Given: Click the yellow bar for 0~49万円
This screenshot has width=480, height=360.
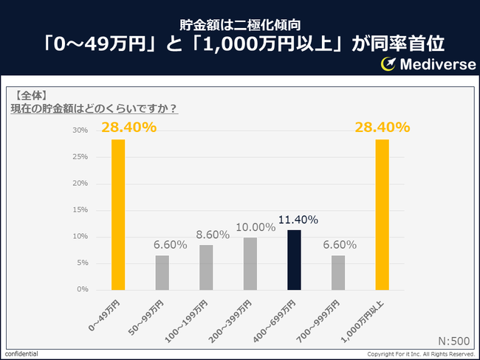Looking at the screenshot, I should pos(118,214).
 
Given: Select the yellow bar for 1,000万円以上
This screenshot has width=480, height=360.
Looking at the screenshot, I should pos(382,214).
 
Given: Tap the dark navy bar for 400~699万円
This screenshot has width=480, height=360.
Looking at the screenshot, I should pos(294,260).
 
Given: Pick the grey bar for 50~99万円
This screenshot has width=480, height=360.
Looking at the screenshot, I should pos(162,272).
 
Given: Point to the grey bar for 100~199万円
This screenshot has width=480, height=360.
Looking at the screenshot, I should pos(206,267).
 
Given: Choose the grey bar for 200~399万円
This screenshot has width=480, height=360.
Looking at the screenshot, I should pos(250,263).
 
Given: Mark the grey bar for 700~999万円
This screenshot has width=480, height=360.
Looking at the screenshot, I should pos(338,272).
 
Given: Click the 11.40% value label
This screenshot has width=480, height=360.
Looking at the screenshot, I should pos(298,220).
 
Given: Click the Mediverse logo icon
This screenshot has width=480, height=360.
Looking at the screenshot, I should pos(389,64).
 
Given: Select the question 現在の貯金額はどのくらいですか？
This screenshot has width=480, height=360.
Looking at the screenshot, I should pos(93,109).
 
